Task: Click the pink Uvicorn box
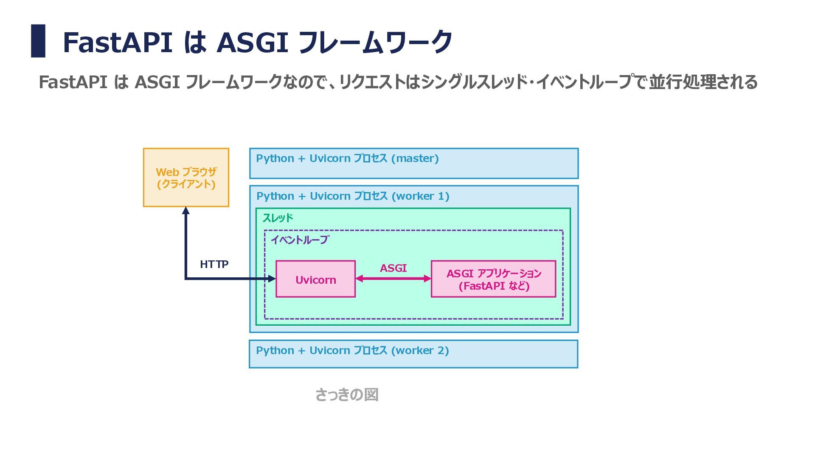[315, 279]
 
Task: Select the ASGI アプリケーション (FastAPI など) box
[493, 279]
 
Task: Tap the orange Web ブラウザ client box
[186, 177]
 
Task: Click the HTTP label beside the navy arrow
[214, 264]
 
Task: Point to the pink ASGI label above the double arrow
[393, 268]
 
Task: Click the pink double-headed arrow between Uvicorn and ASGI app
[393, 279]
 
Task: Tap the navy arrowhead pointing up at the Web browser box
[185, 210]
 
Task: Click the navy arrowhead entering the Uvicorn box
[272, 279]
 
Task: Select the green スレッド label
[278, 218]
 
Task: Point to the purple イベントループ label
[300, 240]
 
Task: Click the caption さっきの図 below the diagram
[347, 395]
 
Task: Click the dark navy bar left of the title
[38, 41]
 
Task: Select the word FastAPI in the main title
[118, 42]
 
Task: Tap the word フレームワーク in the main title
[375, 42]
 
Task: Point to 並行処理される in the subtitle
[703, 82]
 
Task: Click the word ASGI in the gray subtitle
[157, 82]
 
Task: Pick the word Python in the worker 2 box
[275, 351]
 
